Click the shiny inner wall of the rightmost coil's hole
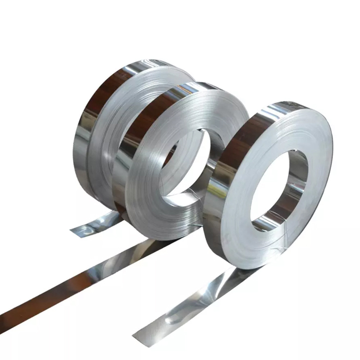pyautogui.click(x=295, y=180)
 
